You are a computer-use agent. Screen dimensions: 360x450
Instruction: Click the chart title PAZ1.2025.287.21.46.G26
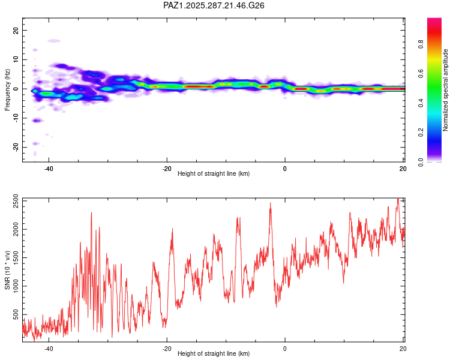point(214,5)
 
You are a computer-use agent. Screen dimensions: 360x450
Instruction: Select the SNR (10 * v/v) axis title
point(8,269)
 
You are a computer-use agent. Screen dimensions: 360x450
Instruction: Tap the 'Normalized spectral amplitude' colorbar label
point(445,90)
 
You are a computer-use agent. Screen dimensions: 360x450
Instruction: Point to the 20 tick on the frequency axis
point(16,30)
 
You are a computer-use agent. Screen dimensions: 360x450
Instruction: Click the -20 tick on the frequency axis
point(15,147)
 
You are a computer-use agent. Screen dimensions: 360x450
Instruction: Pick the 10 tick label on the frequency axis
point(16,59)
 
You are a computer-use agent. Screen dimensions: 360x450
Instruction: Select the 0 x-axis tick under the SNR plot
point(285,349)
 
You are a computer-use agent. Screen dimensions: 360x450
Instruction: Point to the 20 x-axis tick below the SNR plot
point(402,349)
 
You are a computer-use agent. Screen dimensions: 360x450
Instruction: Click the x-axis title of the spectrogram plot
point(214,174)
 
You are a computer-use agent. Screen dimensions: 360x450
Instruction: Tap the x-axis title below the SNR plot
point(214,355)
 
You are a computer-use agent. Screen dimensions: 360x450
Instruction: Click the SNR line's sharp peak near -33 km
point(91,212)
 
